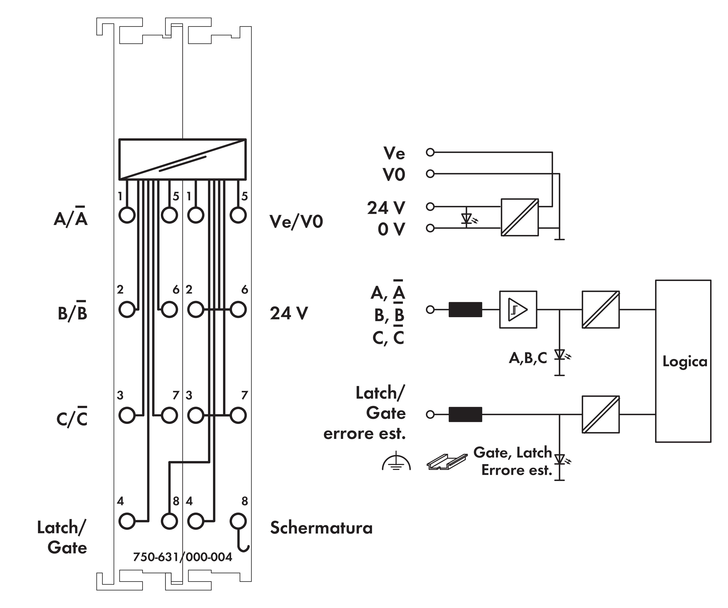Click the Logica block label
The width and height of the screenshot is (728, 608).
[685, 362]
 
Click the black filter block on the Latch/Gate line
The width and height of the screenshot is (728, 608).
[465, 414]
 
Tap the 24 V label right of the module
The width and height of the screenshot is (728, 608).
[289, 313]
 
